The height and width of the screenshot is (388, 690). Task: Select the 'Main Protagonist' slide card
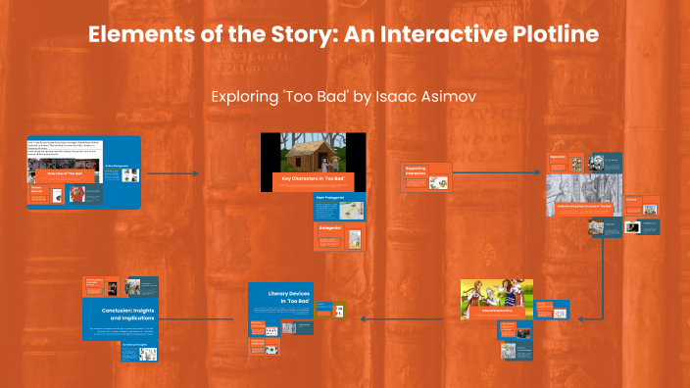click(312, 207)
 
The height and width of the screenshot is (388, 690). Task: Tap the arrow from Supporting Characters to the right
click(496, 172)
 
